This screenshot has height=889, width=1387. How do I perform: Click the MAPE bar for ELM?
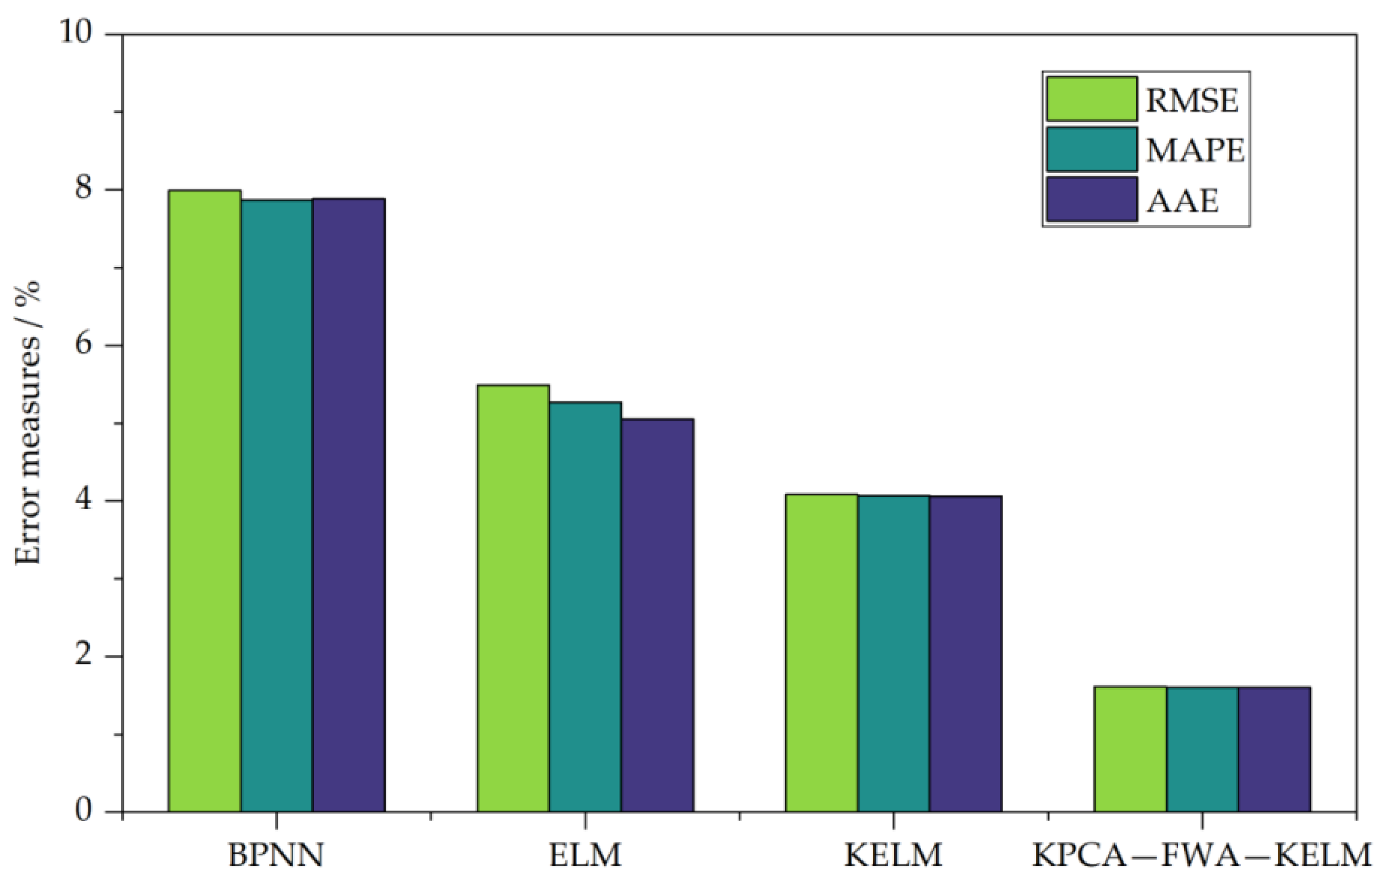click(585, 607)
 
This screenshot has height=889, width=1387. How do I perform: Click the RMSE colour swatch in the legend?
click(1092, 99)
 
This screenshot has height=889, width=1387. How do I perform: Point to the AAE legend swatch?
click(1092, 199)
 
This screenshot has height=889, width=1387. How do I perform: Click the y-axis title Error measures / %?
click(28, 424)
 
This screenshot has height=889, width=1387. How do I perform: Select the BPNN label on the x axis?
click(276, 855)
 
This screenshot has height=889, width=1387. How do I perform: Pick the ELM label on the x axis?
click(585, 855)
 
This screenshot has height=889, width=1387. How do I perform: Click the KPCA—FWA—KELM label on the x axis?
click(1202, 855)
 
